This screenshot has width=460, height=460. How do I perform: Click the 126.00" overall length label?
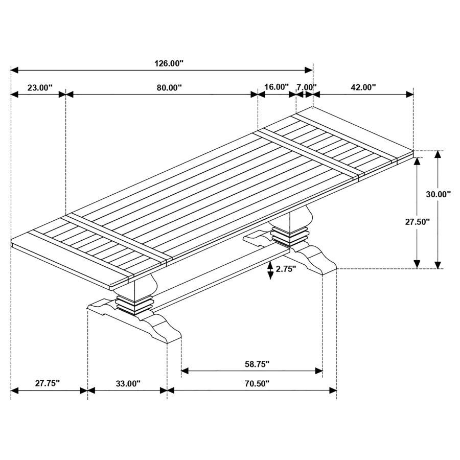[x=169, y=63]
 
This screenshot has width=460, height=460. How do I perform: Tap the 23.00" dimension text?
[x=40, y=87]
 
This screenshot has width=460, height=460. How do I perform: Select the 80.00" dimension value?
[x=169, y=87]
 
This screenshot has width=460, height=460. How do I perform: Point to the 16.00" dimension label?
[x=277, y=87]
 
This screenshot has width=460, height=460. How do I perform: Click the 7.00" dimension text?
[x=306, y=87]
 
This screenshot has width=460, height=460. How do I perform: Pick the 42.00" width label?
[x=363, y=87]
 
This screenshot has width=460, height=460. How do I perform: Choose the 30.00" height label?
[x=439, y=194]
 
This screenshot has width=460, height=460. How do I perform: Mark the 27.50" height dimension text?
[x=417, y=221]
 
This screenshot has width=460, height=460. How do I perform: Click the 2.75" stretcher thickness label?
[x=286, y=269]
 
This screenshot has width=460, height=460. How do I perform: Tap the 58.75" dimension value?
[x=251, y=364]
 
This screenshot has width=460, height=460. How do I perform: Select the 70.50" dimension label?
[x=251, y=383]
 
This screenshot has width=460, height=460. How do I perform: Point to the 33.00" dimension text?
[x=127, y=383]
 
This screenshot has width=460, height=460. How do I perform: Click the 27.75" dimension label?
[x=48, y=383]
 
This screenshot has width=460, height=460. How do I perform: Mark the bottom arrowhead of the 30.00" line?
[x=438, y=264]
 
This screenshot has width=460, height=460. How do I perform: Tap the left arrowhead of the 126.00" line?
[x=14, y=70]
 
